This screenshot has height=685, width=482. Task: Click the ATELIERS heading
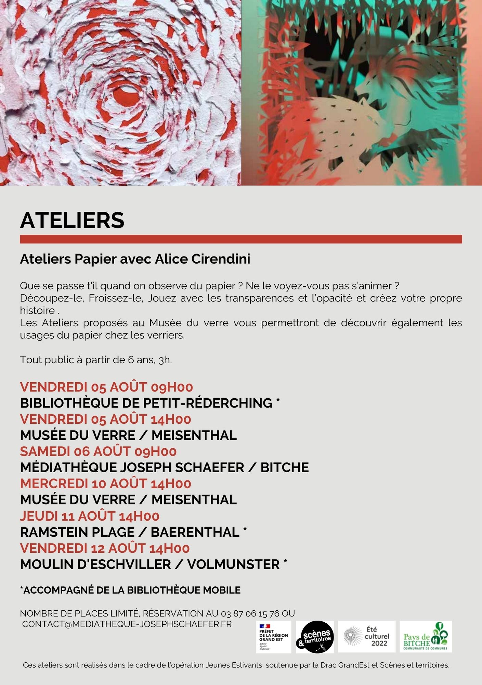(x=72, y=220)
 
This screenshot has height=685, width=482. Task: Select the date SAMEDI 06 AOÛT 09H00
(x=98, y=451)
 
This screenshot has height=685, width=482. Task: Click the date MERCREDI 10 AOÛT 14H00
(x=105, y=484)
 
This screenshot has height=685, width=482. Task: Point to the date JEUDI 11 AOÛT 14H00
(x=90, y=516)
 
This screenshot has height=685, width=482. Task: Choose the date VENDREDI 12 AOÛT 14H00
(x=105, y=548)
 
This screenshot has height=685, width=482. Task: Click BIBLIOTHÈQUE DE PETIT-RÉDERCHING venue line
(x=146, y=403)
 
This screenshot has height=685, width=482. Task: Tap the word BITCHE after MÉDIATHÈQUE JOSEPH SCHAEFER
(x=285, y=468)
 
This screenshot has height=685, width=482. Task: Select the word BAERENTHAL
(x=195, y=532)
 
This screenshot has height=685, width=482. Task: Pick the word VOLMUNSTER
(x=234, y=564)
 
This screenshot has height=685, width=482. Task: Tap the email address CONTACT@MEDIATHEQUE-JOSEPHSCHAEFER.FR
(x=127, y=624)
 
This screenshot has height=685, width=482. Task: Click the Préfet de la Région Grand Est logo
(x=273, y=637)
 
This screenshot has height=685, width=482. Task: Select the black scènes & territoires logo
(x=315, y=637)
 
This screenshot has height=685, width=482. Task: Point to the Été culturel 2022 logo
(x=367, y=636)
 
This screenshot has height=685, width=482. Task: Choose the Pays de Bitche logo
(x=426, y=637)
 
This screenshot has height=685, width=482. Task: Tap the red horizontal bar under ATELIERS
(x=241, y=239)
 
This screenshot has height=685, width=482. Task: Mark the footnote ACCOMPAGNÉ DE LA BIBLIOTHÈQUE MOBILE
(x=131, y=590)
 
